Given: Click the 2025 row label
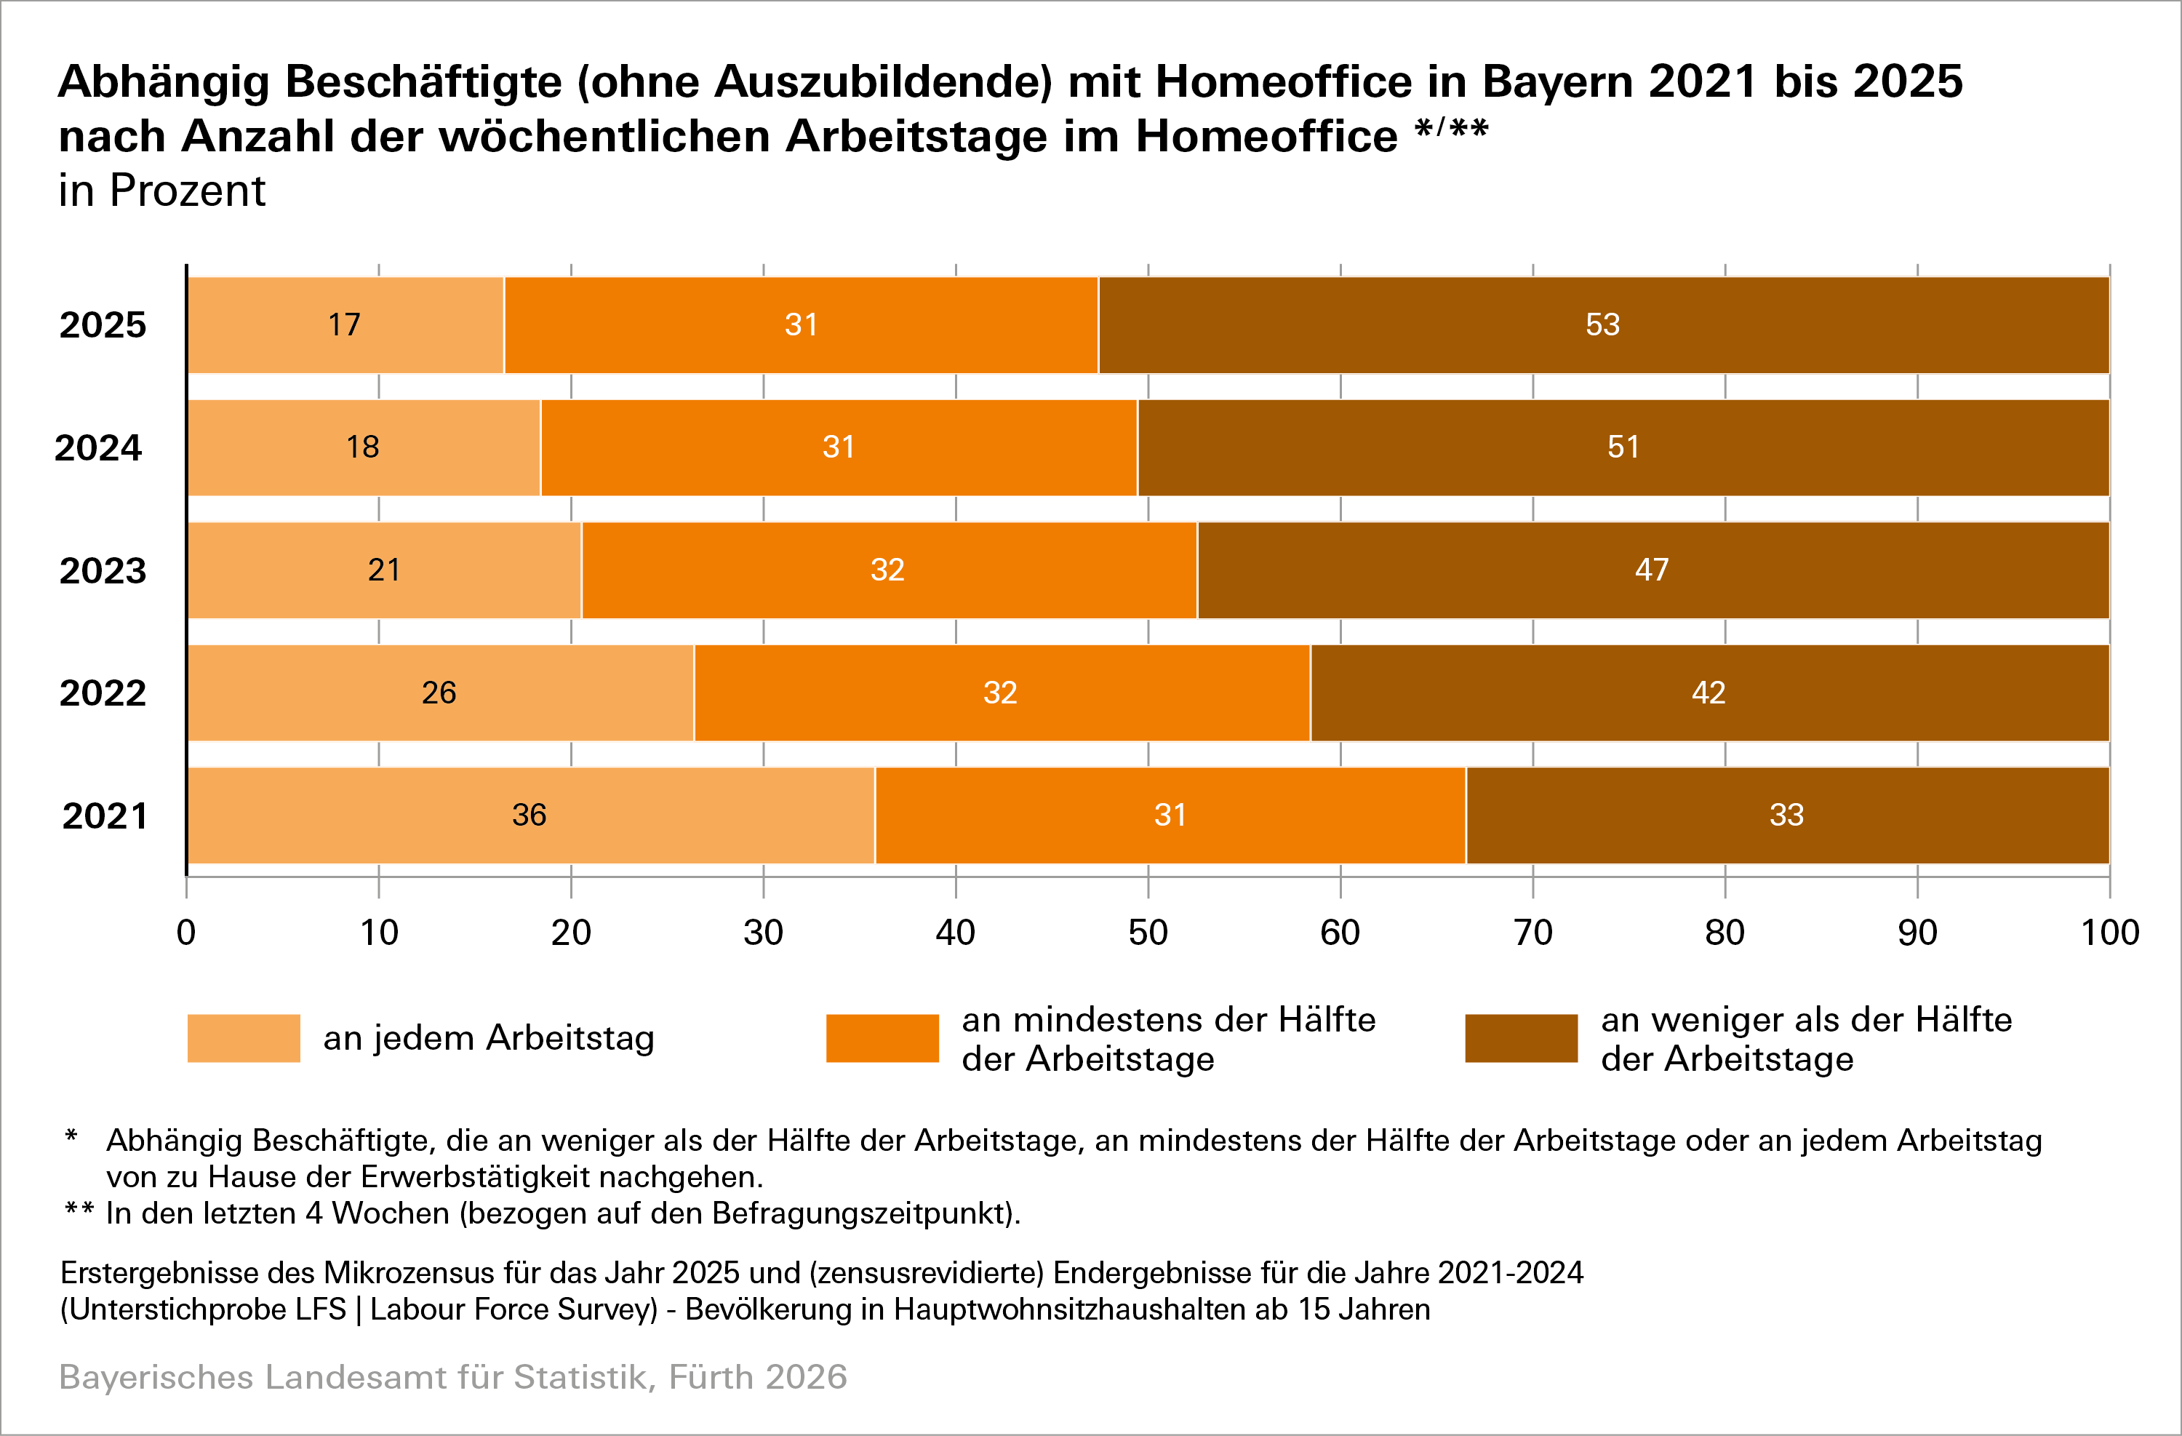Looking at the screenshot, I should pos(103,324).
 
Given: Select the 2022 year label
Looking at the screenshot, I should pos(103,693).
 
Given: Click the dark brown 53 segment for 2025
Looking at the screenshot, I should pos(1602,324).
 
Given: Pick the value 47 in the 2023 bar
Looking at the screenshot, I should pos(1651,570).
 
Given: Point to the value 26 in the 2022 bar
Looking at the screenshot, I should pos(439,693).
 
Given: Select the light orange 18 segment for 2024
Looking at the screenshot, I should pos(363,447).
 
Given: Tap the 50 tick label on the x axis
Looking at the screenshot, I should pos(1148,933).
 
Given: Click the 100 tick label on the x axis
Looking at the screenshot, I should pos(2109,933).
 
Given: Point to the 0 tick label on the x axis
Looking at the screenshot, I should pos(186,933).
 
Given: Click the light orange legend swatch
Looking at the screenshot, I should pos(244,1038).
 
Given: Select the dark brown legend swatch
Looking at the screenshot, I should pos(1521,1038).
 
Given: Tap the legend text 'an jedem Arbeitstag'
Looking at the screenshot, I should pos(489,1038).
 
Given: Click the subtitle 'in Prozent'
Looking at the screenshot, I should pos(161,191).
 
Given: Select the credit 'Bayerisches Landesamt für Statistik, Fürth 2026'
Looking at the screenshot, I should pos(453,1376).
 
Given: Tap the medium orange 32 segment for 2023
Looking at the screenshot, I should pos(887,570).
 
